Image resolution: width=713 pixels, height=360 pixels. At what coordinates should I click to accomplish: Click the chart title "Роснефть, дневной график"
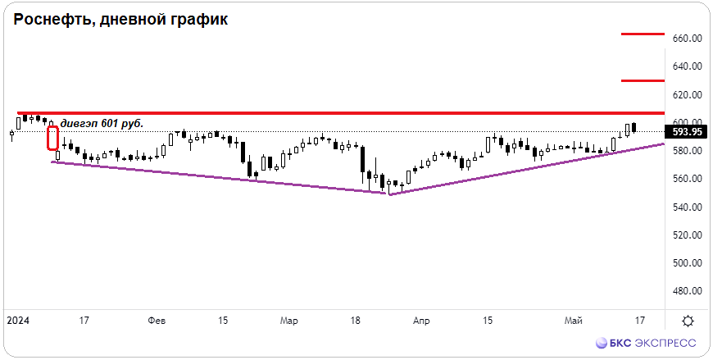tap(120, 20)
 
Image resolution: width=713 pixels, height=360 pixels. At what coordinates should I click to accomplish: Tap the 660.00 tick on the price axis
tap(685, 39)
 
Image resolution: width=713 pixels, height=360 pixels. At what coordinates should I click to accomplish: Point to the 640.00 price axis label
tap(685, 67)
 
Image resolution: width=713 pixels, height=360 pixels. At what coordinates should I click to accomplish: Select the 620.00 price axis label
tap(685, 94)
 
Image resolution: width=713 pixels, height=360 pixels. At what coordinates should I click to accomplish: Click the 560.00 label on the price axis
tap(685, 180)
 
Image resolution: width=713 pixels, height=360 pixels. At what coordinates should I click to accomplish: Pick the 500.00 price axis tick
tap(685, 263)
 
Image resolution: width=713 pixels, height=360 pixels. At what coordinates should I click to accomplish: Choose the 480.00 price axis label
tap(685, 291)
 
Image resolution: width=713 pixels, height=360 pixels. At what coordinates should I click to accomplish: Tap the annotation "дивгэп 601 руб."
tap(102, 123)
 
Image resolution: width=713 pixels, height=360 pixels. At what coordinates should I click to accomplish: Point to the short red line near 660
tap(643, 34)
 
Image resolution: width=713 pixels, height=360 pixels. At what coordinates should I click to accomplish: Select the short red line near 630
tap(643, 81)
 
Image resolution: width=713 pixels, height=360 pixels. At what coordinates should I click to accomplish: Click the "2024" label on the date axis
tap(18, 321)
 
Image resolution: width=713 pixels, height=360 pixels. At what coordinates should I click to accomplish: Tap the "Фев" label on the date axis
tap(157, 321)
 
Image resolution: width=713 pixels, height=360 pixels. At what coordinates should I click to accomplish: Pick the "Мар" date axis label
tap(289, 321)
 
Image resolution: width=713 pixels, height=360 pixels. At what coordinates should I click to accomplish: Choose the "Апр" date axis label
tap(421, 321)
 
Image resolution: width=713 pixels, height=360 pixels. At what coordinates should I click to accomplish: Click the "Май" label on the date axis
tap(573, 321)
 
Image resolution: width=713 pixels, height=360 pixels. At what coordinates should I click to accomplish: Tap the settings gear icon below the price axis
tap(688, 321)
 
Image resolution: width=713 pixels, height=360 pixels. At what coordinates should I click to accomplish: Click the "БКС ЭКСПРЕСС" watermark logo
tap(646, 343)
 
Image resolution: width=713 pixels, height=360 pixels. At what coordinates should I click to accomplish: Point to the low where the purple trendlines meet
tap(390, 194)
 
